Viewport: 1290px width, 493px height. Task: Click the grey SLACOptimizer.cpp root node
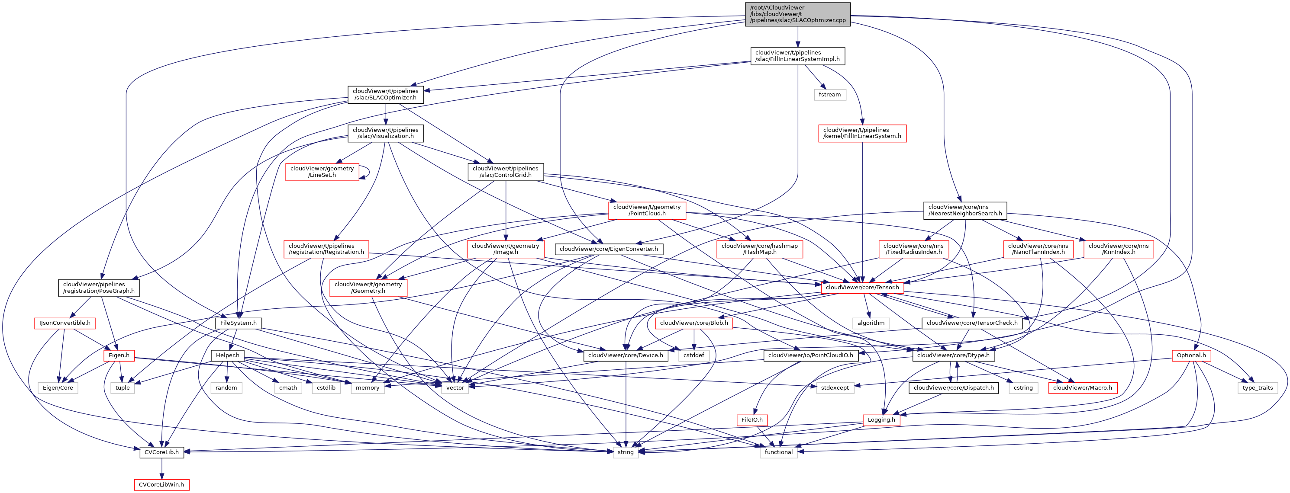coord(797,14)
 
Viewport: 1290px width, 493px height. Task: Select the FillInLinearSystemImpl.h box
coord(797,55)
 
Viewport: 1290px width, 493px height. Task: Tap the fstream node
coord(830,95)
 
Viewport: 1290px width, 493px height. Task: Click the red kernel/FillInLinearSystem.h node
coord(862,133)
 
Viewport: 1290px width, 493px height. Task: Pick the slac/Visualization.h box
coord(385,133)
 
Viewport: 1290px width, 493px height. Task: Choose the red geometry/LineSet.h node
coord(322,172)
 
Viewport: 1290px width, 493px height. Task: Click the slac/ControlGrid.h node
coord(505,172)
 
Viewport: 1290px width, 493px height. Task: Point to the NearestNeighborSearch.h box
coord(964,210)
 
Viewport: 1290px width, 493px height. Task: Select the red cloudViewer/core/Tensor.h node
coord(862,287)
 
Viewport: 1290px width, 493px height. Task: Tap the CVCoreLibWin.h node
coord(161,484)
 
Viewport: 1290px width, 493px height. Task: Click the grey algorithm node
coord(871,323)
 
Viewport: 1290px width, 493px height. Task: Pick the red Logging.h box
coord(881,420)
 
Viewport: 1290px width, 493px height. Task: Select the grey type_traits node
coord(1258,388)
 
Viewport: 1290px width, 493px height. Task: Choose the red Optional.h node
coord(1191,355)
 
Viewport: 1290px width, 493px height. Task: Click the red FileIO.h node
coord(751,420)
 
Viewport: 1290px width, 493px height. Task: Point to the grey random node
coord(226,388)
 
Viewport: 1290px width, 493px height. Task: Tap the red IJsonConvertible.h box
coord(64,323)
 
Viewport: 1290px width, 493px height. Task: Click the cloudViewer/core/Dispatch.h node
coord(953,388)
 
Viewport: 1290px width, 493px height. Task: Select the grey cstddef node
coord(693,355)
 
